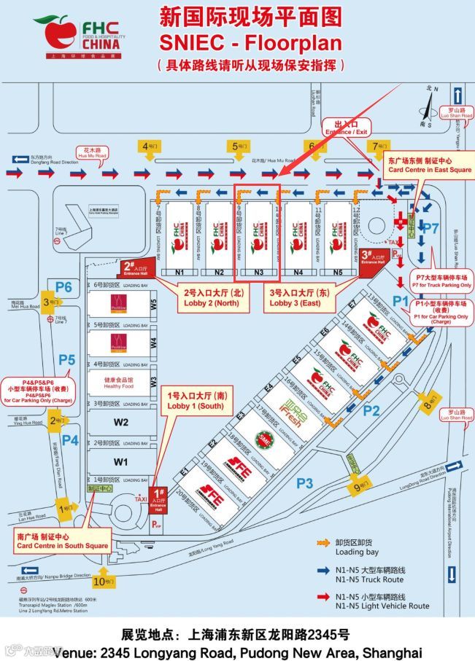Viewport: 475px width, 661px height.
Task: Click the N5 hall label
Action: tap(337, 272)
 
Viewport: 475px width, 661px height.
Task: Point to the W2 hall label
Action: tap(120, 422)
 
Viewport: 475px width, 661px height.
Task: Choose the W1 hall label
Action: tap(120, 461)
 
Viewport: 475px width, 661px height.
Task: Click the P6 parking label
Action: tap(63, 287)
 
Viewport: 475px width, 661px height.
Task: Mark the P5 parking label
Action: tap(67, 359)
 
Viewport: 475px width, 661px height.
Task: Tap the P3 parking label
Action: tap(304, 482)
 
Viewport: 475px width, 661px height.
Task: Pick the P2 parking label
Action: tap(371, 410)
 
